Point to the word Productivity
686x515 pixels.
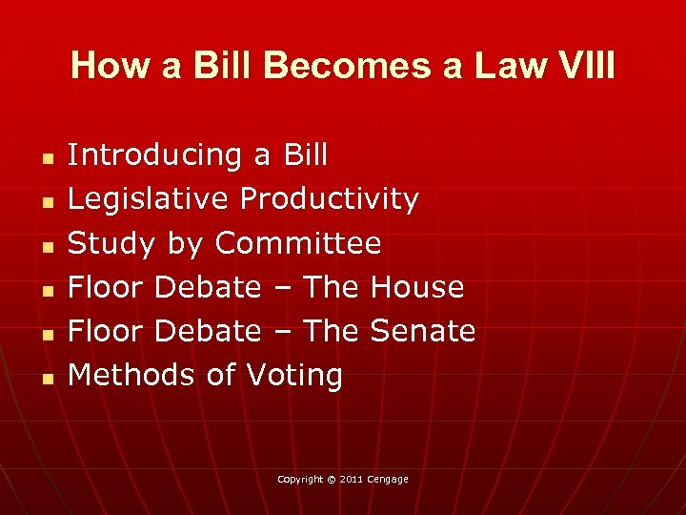pos(330,198)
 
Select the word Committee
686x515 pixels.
pos(298,243)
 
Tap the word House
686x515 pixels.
pos(417,287)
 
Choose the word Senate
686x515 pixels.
pos(422,331)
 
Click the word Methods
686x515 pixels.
pos(132,375)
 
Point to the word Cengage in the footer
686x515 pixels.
pos(390,479)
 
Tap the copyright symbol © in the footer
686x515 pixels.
pos(332,479)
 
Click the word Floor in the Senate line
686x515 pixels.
pos(106,331)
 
